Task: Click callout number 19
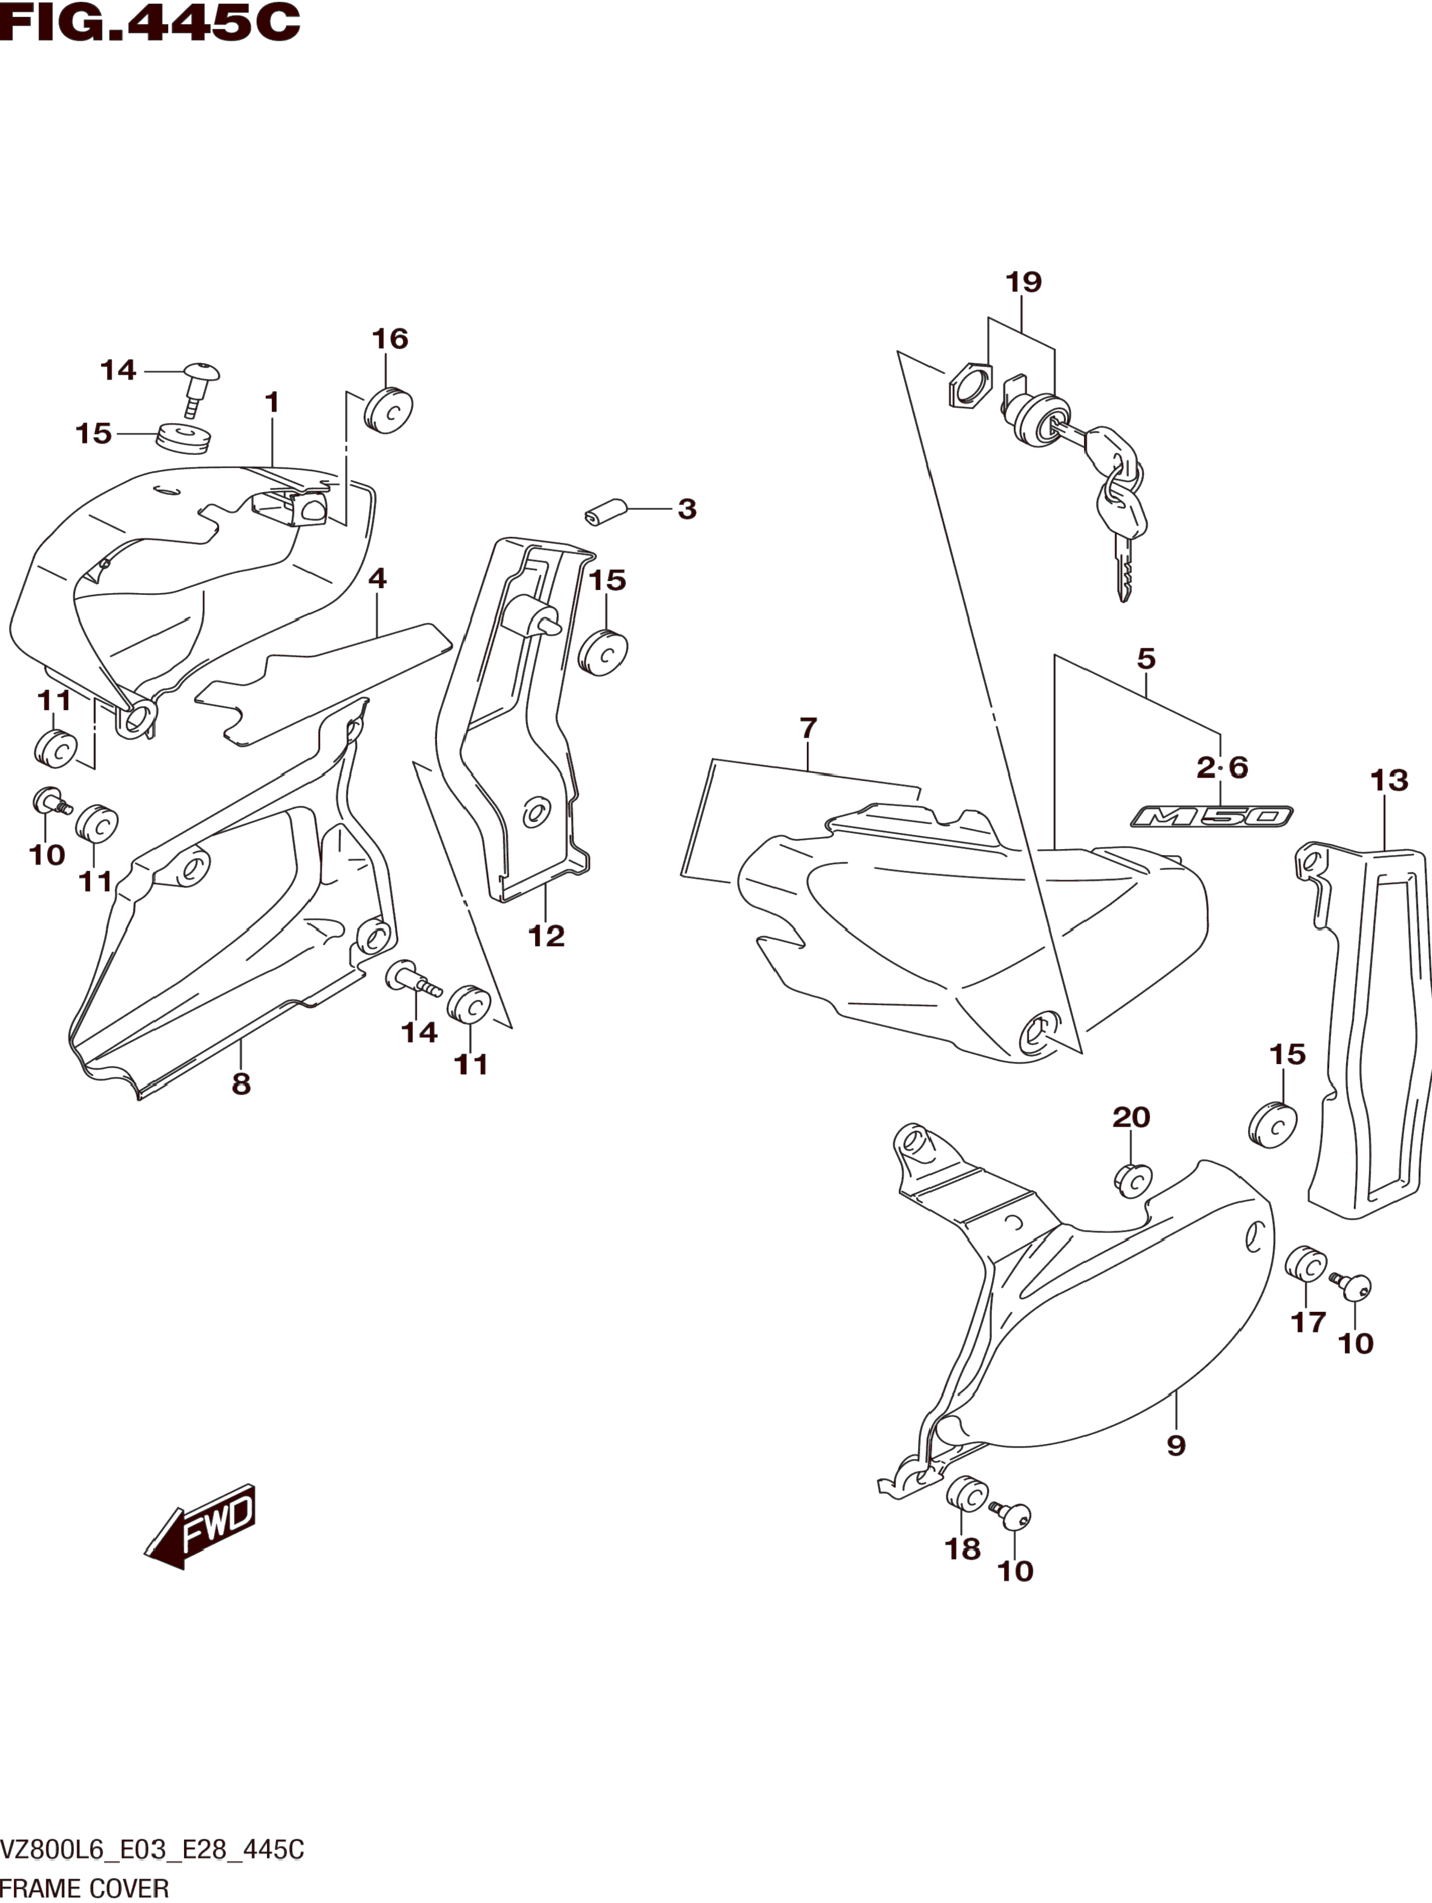1023,282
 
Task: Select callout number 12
546,936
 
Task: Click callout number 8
241,1084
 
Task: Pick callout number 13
1389,781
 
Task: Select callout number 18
963,1550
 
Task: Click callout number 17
1308,1347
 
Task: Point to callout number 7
807,729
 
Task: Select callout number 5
1145,659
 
